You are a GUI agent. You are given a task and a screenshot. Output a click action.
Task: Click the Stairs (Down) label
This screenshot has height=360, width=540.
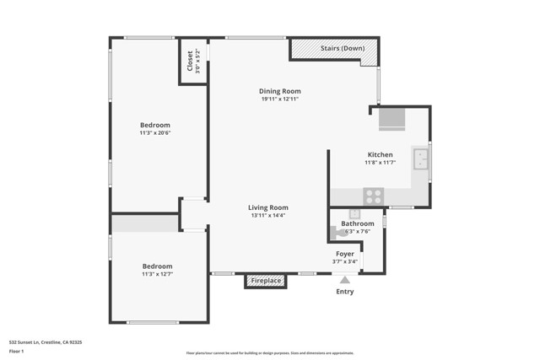[343, 48]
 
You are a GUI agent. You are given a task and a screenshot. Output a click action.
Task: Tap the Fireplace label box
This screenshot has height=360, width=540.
[265, 281]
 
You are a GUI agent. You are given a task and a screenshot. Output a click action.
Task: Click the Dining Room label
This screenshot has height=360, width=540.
[279, 91]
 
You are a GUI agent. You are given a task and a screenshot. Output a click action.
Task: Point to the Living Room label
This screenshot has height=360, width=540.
[267, 207]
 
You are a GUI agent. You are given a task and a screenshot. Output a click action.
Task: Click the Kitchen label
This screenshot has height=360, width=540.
[380, 154]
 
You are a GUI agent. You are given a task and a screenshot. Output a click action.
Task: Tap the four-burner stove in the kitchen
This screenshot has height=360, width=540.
[373, 196]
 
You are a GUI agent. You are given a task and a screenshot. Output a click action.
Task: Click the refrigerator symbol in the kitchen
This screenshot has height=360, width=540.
[391, 119]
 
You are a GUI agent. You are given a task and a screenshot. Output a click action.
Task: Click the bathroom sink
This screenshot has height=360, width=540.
[354, 214]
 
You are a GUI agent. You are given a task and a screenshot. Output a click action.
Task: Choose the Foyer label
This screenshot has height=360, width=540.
[345, 254]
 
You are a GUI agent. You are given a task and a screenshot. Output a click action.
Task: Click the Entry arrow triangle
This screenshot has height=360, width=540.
[344, 280]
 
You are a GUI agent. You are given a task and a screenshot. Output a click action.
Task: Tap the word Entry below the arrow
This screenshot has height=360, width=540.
[345, 292]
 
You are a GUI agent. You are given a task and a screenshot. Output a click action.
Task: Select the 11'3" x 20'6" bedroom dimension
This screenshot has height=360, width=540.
[155, 132]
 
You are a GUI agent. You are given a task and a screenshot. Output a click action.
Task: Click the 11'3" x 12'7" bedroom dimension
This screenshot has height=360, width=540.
[157, 274]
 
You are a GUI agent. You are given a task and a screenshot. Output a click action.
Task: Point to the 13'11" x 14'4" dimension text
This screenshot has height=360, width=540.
[267, 216]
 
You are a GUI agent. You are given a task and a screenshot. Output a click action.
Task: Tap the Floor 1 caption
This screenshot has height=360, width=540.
[17, 352]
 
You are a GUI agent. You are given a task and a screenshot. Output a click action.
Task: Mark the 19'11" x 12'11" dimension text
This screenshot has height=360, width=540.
[279, 99]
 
